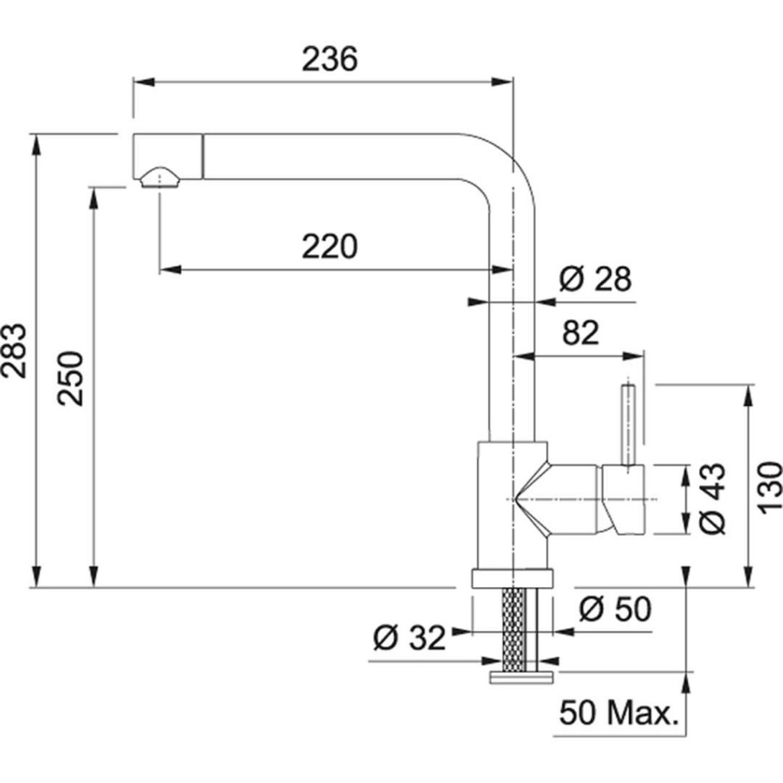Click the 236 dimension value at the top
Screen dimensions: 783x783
(330, 59)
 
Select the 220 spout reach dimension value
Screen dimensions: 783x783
(330, 246)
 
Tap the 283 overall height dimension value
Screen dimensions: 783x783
(14, 350)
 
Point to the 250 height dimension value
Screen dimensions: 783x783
(70, 379)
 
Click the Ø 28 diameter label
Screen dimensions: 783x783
(595, 278)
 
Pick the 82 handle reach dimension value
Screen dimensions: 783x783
(580, 333)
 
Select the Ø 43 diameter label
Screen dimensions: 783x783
(711, 499)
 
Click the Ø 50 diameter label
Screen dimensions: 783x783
(616, 609)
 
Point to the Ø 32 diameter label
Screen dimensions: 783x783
(410, 638)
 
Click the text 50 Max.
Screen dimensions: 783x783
(619, 713)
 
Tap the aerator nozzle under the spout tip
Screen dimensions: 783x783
(159, 177)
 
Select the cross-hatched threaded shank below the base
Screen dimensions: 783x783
(515, 630)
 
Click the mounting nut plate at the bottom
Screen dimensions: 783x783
(521, 677)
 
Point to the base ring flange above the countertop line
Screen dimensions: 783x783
(512, 578)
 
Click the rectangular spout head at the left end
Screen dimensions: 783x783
(167, 156)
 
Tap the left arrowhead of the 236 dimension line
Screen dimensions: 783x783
(144, 82)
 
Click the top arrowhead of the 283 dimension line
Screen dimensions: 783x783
(36, 145)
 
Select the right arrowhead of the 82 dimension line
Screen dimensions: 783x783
(633, 356)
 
